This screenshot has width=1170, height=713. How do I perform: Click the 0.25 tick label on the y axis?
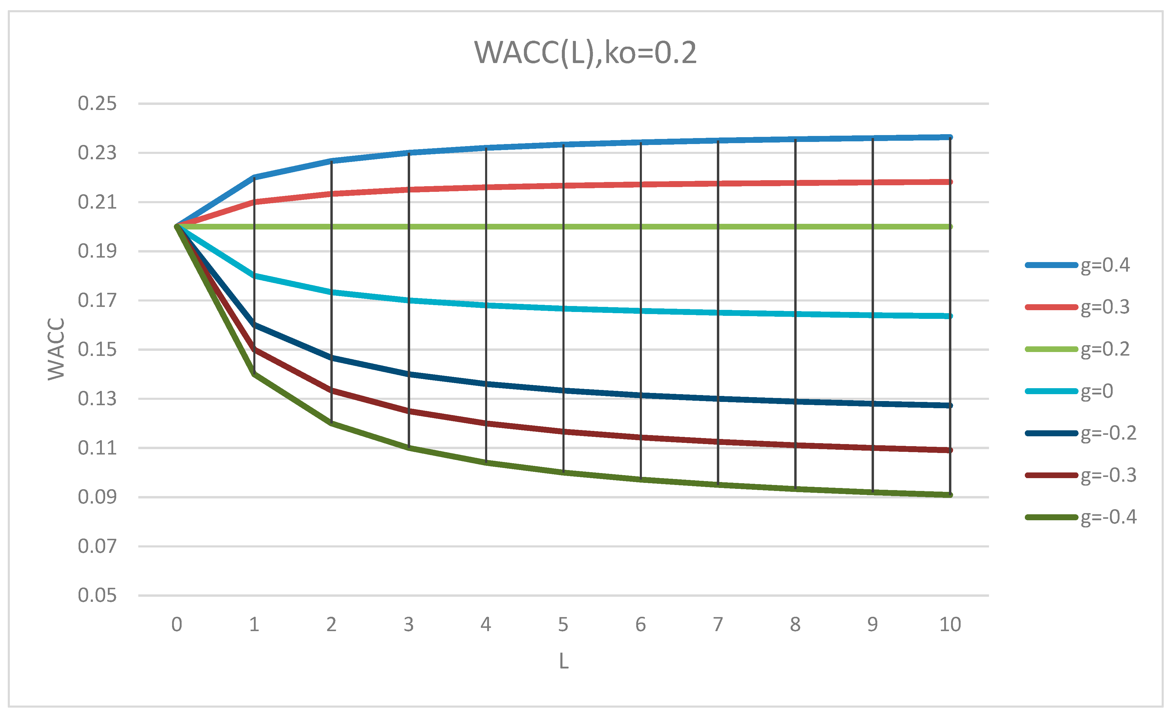click(97, 104)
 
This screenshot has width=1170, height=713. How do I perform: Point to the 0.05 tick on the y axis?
click(97, 595)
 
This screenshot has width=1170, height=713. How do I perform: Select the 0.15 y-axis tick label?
click(97, 350)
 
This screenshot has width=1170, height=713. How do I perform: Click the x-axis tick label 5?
click(563, 625)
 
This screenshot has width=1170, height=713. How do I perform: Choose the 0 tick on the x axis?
click(177, 625)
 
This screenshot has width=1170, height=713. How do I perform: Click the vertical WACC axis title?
click(56, 349)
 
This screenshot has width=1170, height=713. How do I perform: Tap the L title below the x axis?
click(564, 661)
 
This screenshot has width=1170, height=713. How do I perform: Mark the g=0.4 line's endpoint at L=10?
click(950, 137)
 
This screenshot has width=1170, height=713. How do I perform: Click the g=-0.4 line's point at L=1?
click(254, 374)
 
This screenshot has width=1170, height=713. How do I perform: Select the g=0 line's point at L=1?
click(254, 276)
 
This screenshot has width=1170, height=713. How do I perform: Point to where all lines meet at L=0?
click(177, 227)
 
